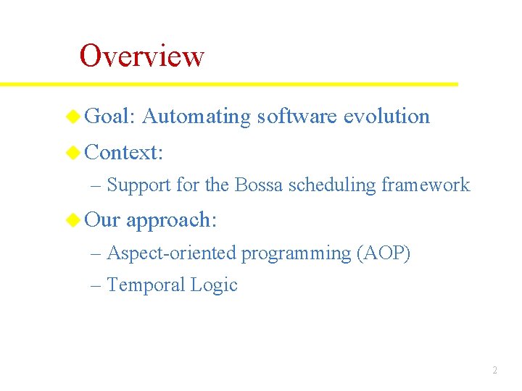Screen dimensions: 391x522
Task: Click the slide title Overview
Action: pyautogui.click(x=142, y=56)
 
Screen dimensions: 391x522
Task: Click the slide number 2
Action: pyautogui.click(x=494, y=370)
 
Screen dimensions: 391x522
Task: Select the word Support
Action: pyautogui.click(x=138, y=185)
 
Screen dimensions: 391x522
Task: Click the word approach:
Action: pyautogui.click(x=171, y=220)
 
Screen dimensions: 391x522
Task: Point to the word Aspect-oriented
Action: pyautogui.click(x=172, y=253)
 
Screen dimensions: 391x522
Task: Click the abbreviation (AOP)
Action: pyautogui.click(x=384, y=253)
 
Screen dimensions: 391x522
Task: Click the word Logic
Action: pyautogui.click(x=214, y=286)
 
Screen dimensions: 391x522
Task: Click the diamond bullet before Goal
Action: pyautogui.click(x=73, y=116)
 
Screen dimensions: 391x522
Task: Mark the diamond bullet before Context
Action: pyautogui.click(x=73, y=152)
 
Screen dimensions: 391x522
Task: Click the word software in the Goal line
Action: pyautogui.click(x=297, y=116)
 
